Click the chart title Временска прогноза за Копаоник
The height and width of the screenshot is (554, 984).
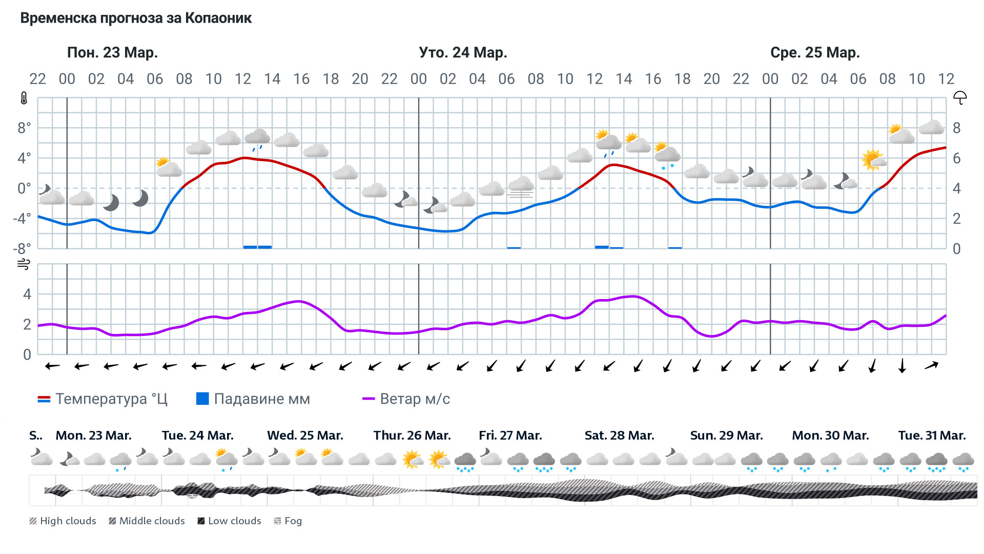pos(136,18)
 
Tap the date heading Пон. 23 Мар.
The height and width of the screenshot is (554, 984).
pos(112,52)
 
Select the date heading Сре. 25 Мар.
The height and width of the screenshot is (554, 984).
pos(815,52)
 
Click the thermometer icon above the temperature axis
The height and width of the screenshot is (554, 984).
pos(24,98)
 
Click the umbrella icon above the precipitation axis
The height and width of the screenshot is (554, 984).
pos(960,97)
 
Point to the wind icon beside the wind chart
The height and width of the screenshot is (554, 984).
pos(24,264)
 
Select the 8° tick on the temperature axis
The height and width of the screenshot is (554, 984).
pos(24,128)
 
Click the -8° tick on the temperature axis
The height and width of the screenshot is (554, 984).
pos(22,249)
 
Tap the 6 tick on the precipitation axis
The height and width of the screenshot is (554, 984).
pos(956,158)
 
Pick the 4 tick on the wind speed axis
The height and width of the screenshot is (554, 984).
pos(27,294)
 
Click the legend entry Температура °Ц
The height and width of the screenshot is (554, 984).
pos(102,399)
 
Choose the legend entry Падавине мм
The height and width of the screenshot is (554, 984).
pos(253,399)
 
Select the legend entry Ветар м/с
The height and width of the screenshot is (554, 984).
pos(406,399)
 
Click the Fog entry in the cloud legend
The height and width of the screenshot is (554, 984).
pos(288,521)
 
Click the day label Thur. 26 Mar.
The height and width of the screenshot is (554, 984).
pos(412,436)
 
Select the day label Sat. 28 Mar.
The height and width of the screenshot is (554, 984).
pos(619,436)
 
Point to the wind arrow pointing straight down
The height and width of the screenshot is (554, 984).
pos(902,366)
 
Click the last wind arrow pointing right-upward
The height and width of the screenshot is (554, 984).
pos(931,366)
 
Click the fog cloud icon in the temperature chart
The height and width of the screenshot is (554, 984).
pos(521,187)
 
